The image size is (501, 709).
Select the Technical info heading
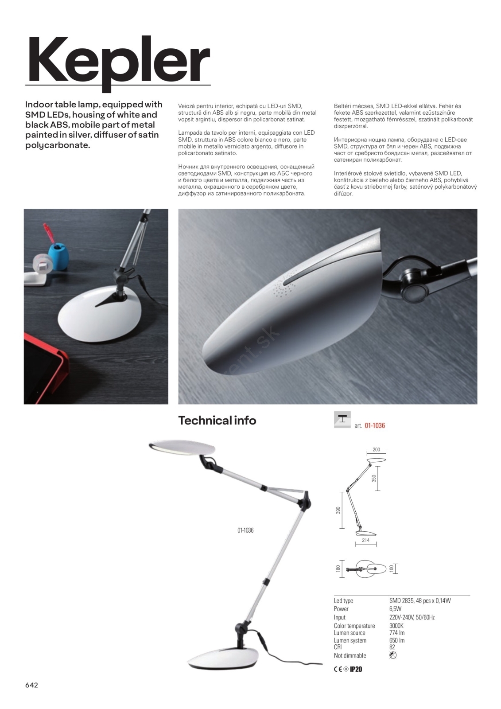[x=217, y=420]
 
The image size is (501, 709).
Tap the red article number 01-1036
[x=375, y=425]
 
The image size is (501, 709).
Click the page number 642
[x=31, y=685]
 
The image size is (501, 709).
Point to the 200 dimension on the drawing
[x=376, y=449]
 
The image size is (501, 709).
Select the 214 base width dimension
[x=365, y=541]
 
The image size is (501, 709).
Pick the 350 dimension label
[x=373, y=479]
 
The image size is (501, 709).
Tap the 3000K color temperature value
[x=396, y=626]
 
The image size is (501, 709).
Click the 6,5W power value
[x=395, y=609]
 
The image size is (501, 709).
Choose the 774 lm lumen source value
[x=397, y=633]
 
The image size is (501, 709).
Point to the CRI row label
[x=338, y=647]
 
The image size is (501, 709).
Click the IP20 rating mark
[x=356, y=669]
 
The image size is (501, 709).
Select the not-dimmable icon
[x=392, y=655]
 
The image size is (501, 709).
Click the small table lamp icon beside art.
[x=342, y=419]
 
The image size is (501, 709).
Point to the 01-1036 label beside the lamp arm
[x=245, y=530]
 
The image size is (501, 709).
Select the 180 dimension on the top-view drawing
[x=338, y=569]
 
